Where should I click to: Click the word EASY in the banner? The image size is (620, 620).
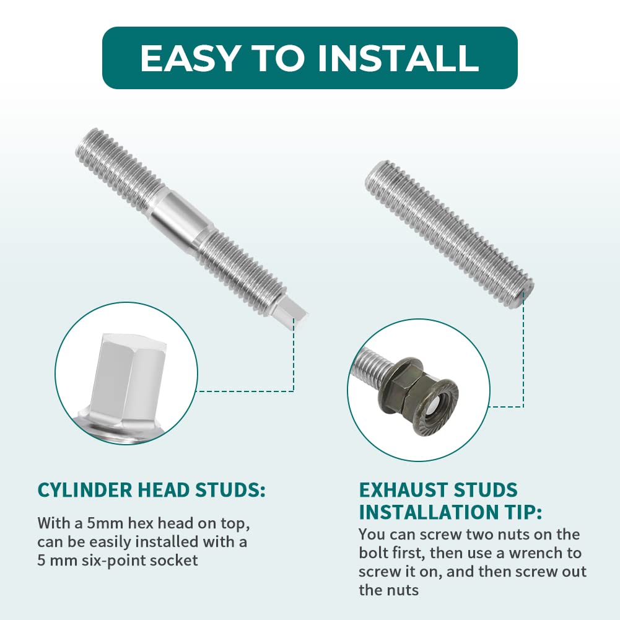pyautogui.click(x=189, y=58)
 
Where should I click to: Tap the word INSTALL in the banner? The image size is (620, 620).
pyautogui.click(x=398, y=58)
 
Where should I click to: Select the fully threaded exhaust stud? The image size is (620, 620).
pyautogui.click(x=449, y=233)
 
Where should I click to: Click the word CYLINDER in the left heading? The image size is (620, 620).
pyautogui.click(x=85, y=491)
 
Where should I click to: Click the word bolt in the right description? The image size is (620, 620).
pyautogui.click(x=373, y=552)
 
